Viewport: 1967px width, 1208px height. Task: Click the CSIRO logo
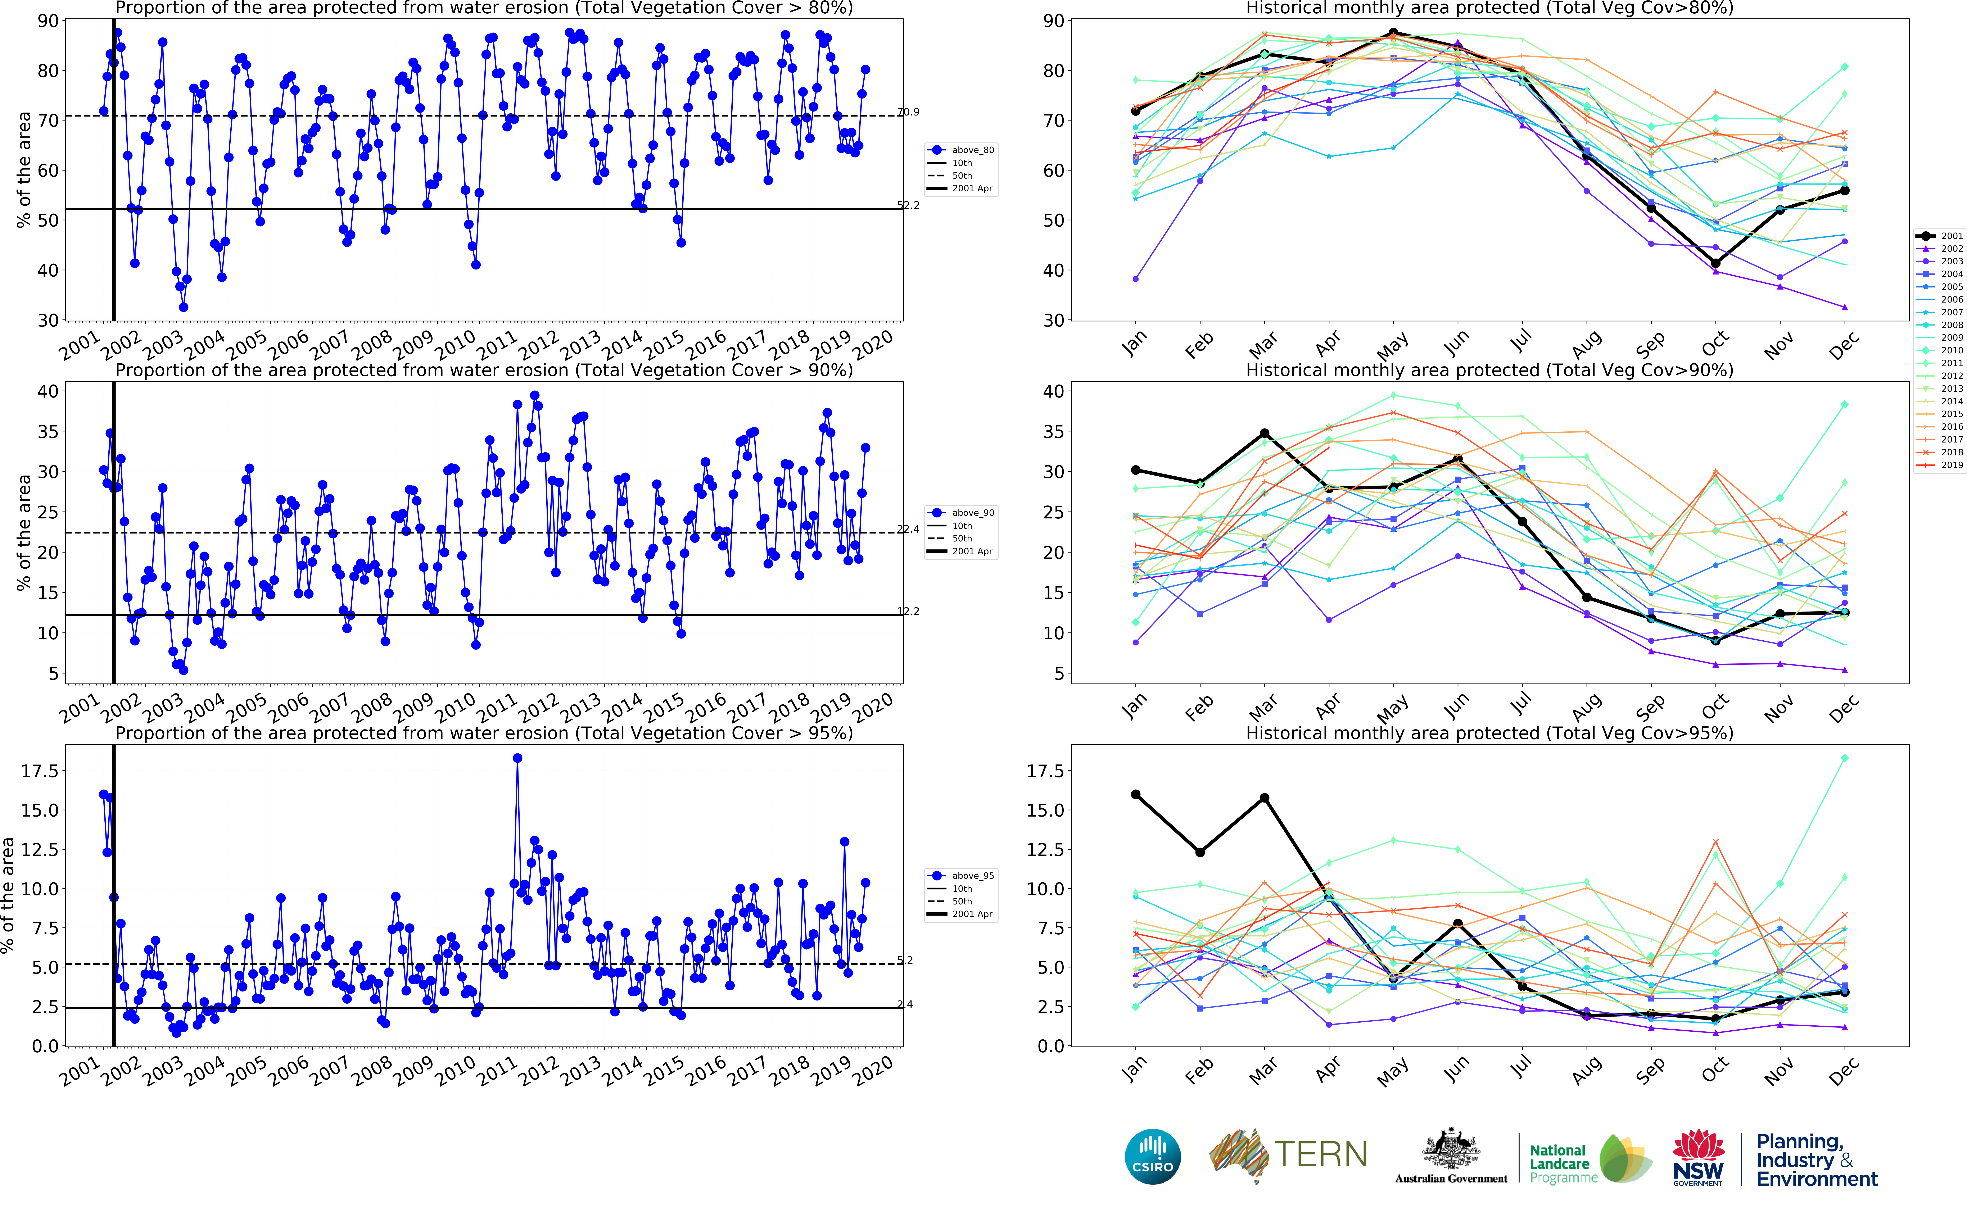click(x=1152, y=1156)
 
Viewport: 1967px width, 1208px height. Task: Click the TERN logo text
click(x=1320, y=1154)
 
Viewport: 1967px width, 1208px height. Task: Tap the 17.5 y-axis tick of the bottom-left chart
click(x=40, y=771)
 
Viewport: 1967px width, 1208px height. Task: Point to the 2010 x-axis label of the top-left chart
click(x=455, y=345)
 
